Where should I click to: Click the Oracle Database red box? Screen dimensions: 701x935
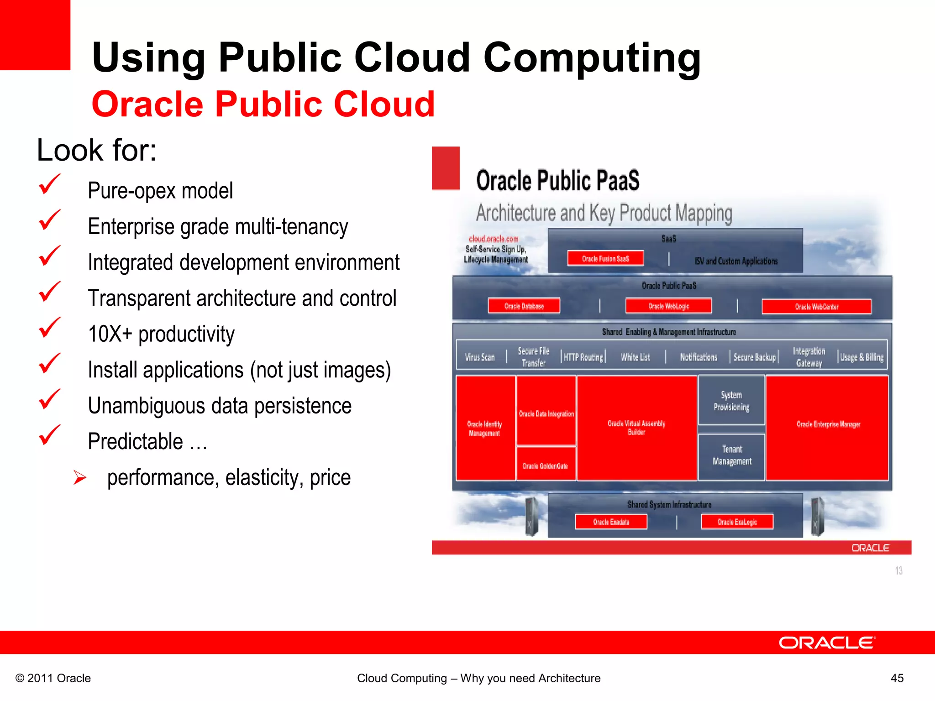(524, 306)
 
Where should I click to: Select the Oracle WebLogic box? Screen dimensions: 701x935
(668, 306)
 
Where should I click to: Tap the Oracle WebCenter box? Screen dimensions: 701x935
(816, 307)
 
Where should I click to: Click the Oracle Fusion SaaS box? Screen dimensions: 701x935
(605, 258)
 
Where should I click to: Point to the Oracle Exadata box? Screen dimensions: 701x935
(611, 522)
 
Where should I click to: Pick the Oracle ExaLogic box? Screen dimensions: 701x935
(737, 522)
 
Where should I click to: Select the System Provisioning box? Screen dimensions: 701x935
(731, 401)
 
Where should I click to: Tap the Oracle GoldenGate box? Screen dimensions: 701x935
(546, 465)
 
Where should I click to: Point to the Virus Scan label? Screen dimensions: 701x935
(479, 357)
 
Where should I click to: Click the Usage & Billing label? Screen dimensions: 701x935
(861, 357)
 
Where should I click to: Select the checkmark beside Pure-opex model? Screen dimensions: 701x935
(49, 185)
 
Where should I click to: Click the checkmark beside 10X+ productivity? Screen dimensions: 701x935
(49, 328)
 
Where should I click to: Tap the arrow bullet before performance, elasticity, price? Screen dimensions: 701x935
(80, 478)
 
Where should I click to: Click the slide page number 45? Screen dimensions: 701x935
(897, 678)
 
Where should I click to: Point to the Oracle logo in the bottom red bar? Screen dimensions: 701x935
(827, 643)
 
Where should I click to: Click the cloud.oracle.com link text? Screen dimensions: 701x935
(494, 239)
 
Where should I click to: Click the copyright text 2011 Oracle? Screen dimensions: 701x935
(53, 678)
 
